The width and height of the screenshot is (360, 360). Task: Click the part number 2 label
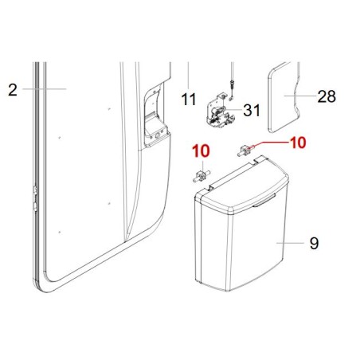(13, 89)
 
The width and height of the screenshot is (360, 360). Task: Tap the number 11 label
(188, 100)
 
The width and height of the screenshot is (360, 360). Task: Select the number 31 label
(252, 110)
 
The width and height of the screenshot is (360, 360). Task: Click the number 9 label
(314, 244)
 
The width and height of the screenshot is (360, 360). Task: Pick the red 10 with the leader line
(296, 143)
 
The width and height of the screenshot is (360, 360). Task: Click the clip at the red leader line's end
(247, 150)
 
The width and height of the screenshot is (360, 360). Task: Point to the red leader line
(271, 144)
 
